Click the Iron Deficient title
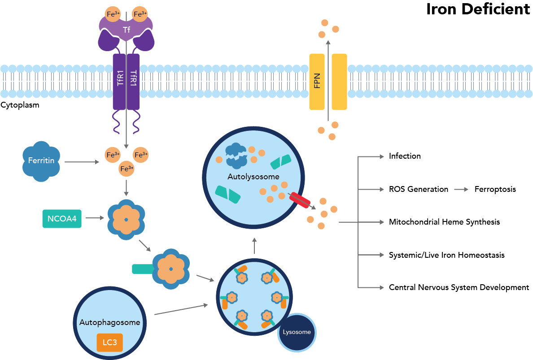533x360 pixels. tap(478, 9)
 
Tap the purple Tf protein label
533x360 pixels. tap(126, 30)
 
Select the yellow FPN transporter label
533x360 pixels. tap(317, 82)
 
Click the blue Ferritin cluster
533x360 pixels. tap(41, 161)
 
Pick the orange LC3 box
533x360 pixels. tap(109, 342)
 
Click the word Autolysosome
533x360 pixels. tap(253, 177)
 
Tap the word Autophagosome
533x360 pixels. tap(109, 322)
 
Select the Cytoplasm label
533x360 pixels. tap(20, 105)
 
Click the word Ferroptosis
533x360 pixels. tap(495, 189)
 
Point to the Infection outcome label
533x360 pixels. tap(405, 156)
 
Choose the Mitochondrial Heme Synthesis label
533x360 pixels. tap(444, 222)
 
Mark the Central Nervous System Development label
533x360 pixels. tap(459, 287)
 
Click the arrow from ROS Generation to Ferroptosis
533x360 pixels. tap(461, 189)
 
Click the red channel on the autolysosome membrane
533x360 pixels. tap(299, 200)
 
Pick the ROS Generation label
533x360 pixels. tap(418, 189)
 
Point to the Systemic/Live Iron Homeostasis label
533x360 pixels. tap(446, 255)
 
